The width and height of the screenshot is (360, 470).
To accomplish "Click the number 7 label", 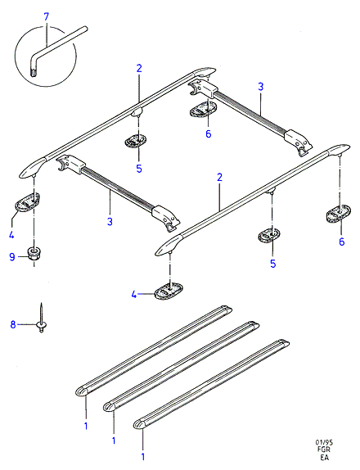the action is tap(46, 16).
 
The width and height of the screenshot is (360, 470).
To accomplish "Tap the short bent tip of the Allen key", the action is tap(34, 68).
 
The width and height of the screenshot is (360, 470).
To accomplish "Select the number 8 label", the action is tap(13, 324).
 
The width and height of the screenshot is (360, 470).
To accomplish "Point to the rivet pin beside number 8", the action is tap(41, 319).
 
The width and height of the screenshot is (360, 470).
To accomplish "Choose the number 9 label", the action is tap(12, 257).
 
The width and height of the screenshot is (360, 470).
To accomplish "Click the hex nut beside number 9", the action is tap(34, 253).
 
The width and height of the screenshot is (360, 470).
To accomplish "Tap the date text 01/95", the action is tap(324, 442).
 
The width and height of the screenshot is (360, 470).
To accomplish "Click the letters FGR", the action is tap(324, 450).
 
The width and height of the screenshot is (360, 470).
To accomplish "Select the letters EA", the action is tap(324, 457).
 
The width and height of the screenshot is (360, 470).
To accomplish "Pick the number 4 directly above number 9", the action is tap(11, 234).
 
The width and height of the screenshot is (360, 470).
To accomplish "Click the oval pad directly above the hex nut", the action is tap(28, 202).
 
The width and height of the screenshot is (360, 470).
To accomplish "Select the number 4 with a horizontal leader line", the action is tap(134, 295).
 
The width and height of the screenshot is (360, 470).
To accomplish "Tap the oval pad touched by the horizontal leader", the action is tap(169, 291).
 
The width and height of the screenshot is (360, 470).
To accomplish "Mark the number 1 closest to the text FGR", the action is tap(143, 457).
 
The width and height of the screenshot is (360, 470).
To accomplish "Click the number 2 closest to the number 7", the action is tap(139, 69).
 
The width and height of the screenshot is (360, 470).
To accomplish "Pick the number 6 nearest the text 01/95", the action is tap(342, 242).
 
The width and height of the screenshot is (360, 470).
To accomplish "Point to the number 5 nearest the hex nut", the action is tap(139, 169).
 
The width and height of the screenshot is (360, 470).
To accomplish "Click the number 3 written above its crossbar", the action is tap(260, 87).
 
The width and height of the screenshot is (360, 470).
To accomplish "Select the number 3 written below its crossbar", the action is tap(110, 222).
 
